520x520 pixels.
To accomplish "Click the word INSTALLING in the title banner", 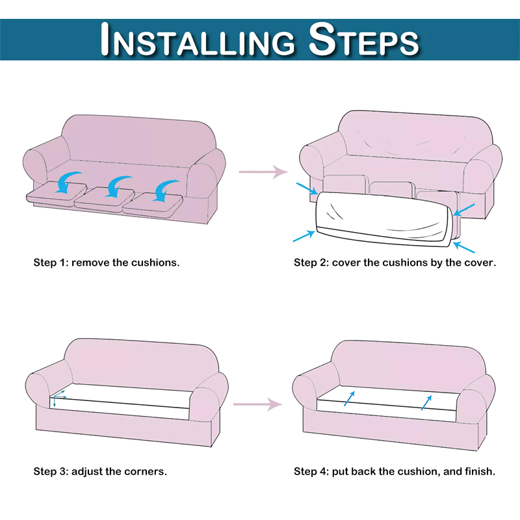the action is (198, 40).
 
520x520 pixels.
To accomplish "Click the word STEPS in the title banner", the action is (363, 40).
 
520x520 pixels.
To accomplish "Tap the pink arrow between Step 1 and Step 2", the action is (263, 172).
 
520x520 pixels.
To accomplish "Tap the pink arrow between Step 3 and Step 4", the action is (257, 404).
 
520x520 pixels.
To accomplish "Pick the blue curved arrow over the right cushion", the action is (165, 190).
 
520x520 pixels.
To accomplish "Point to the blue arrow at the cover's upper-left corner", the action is (307, 188).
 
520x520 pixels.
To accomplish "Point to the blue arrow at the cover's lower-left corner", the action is (304, 236).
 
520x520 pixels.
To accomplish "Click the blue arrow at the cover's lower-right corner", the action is (464, 248).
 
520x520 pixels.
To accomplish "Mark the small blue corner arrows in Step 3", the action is (58, 398).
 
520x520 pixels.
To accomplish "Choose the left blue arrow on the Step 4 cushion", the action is (350, 398).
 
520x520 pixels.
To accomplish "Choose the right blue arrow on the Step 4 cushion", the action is (426, 402).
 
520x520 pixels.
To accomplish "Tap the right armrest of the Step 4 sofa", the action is (475, 398).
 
